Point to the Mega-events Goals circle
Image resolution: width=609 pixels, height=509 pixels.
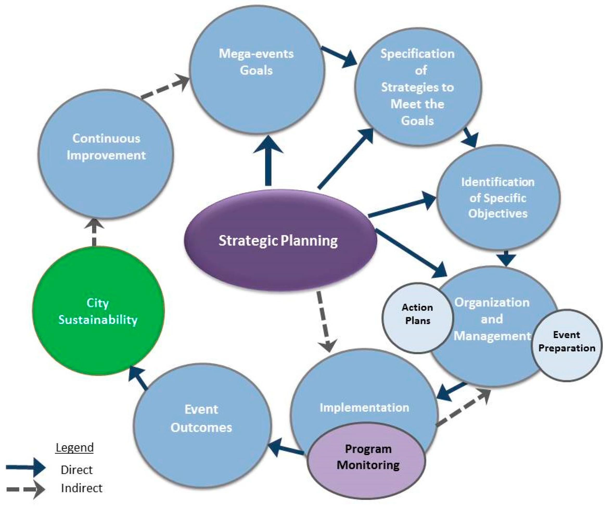(257, 69)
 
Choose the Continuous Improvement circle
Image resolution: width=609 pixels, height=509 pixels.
(106, 154)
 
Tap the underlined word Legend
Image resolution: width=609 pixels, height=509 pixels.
(74, 447)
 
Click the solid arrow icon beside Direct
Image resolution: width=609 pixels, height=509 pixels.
(25, 468)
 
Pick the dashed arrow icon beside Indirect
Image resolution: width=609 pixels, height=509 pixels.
(25, 489)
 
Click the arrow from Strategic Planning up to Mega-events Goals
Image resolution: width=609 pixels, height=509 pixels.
(268, 162)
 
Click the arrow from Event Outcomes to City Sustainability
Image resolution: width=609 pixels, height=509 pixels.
(139, 377)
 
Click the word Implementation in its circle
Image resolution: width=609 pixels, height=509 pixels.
(364, 408)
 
